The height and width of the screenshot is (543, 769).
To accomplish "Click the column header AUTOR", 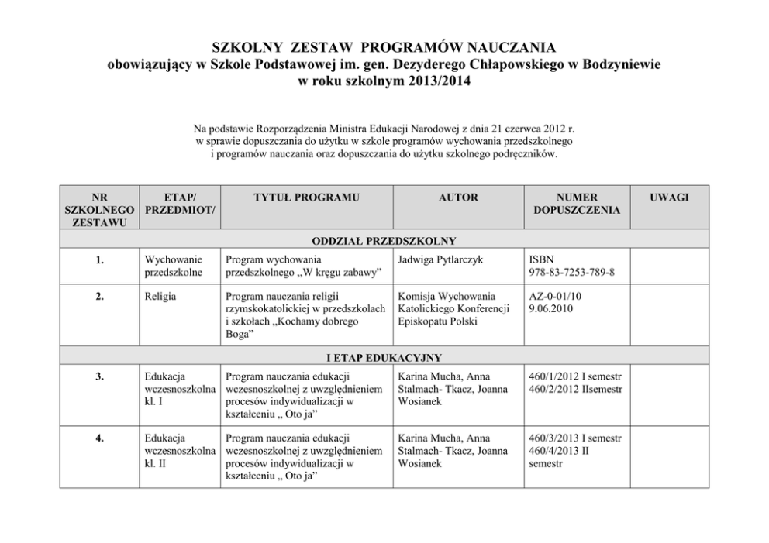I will [458, 198].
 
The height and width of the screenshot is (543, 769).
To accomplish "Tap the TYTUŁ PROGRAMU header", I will [306, 198].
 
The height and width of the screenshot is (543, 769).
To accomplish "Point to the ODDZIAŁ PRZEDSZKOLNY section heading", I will [384, 240].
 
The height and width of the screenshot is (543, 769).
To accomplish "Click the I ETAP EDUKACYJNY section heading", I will [384, 357].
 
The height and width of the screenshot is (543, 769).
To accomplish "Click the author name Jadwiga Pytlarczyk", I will [440, 259].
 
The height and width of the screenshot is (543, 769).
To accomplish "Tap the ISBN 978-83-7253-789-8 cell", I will [572, 266].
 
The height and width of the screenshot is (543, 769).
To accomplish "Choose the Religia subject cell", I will [160, 296].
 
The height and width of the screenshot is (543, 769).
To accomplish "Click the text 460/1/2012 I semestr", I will [575, 376].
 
